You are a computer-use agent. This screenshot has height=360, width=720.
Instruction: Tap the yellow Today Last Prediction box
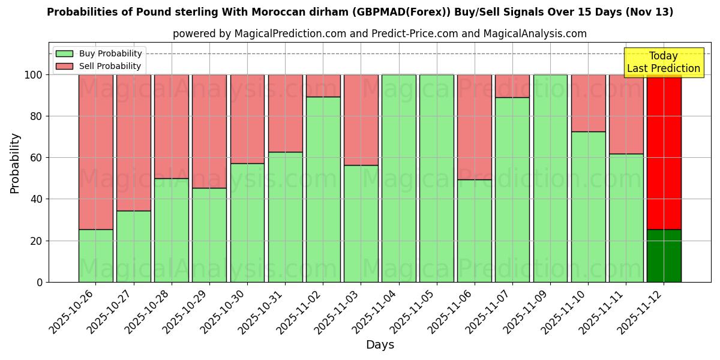(664, 62)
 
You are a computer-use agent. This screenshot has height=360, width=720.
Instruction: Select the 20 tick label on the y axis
(37, 241)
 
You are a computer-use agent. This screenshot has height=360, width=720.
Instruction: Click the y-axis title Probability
(15, 163)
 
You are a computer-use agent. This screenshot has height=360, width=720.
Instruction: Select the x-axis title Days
(380, 345)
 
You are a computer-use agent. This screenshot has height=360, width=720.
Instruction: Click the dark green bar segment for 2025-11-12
(664, 256)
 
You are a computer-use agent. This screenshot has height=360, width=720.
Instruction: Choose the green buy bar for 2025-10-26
(95, 256)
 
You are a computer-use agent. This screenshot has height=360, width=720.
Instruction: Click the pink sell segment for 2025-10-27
(133, 142)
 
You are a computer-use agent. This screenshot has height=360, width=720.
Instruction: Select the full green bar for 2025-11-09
(550, 178)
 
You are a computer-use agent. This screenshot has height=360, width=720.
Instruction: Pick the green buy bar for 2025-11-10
(588, 207)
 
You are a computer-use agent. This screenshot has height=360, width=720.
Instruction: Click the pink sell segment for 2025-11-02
(323, 86)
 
